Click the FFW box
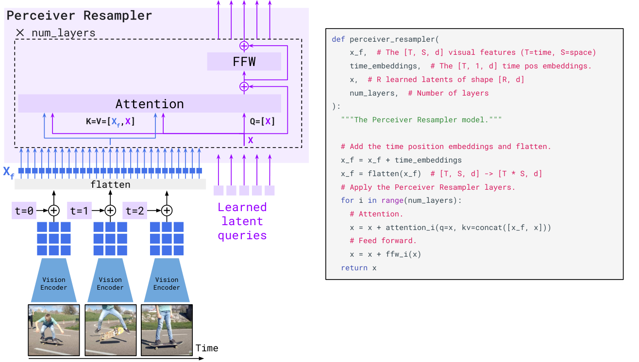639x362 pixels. point(244,62)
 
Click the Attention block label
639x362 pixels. point(150,104)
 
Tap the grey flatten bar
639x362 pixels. point(110,184)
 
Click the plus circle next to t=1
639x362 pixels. point(111,211)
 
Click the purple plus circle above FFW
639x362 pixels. point(244,46)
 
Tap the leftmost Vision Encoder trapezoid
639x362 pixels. point(54,280)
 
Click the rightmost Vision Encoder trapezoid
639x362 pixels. point(167,280)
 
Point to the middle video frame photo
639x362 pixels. point(110,329)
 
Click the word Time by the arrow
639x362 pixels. point(207,348)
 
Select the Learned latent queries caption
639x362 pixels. point(242,221)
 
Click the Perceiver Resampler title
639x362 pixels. point(79,15)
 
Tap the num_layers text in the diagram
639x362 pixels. point(63,33)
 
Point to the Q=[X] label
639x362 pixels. point(262,122)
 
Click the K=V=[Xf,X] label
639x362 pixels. point(110,122)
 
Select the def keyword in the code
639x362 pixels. point(338,39)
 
